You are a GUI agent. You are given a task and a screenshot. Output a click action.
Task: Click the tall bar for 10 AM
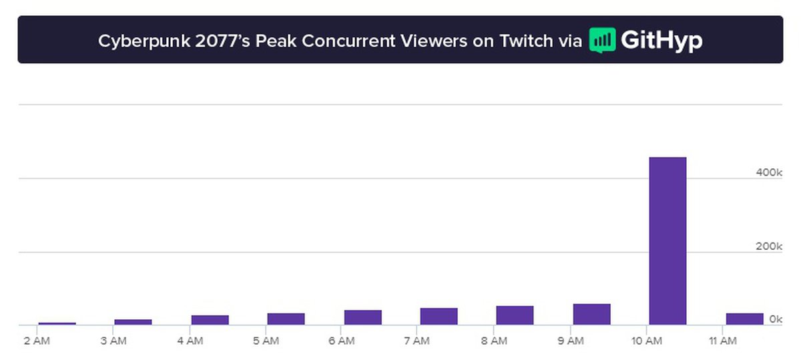(667, 241)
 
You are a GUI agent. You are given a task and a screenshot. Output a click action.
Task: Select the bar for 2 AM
(57, 323)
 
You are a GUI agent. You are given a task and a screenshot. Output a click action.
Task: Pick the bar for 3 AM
(133, 322)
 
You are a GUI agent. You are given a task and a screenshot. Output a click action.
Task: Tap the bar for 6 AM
(362, 317)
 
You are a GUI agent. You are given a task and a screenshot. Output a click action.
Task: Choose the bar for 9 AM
(591, 315)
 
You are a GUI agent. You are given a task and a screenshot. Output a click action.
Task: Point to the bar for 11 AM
(744, 319)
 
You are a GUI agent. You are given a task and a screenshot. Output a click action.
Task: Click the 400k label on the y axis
(768, 172)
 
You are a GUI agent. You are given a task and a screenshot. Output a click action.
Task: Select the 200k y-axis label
(768, 246)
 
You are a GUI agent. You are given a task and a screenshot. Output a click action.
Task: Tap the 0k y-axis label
(775, 319)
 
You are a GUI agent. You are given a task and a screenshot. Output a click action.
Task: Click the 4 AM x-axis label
(190, 341)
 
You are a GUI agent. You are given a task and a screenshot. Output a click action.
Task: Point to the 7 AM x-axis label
(417, 341)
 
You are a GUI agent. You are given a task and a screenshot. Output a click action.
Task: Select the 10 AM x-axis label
(646, 341)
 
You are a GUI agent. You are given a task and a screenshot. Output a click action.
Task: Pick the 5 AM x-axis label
(266, 341)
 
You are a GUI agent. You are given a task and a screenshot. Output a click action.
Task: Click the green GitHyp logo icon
(602, 40)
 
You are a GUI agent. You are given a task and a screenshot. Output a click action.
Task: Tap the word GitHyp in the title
(661, 41)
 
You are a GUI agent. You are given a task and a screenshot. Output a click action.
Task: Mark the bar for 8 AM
(515, 316)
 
